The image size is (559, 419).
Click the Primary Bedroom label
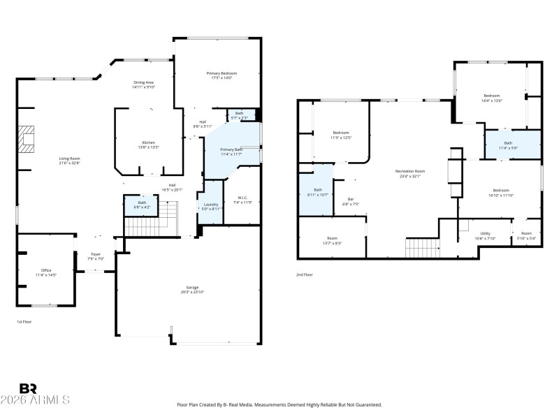(x=222, y=73)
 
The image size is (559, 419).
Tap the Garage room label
(x=192, y=288)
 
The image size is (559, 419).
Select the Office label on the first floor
(x=46, y=270)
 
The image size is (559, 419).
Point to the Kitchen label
(x=148, y=142)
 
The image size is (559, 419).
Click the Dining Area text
(x=144, y=83)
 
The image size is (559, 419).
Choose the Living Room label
(x=69, y=159)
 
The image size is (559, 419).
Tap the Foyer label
(x=96, y=254)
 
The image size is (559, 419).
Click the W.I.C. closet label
(x=242, y=197)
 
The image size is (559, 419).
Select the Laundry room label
(x=211, y=205)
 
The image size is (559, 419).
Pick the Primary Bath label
(x=231, y=149)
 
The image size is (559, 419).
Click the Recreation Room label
(x=410, y=170)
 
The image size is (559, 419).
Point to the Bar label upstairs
(x=351, y=200)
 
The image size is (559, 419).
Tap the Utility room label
(x=485, y=233)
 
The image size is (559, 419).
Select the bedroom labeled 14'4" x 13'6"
(x=493, y=96)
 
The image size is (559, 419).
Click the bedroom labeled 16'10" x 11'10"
(x=501, y=191)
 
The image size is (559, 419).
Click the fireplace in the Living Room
(x=27, y=138)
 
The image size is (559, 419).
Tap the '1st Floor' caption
(x=24, y=322)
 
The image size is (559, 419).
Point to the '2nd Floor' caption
(x=305, y=274)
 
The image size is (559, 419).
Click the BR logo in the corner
(x=28, y=388)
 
